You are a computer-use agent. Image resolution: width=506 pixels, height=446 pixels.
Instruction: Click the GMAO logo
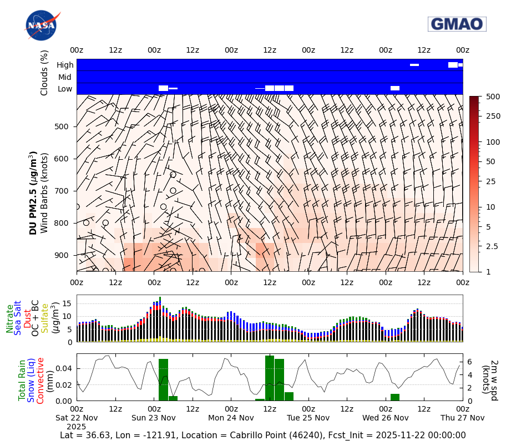coord(457,24)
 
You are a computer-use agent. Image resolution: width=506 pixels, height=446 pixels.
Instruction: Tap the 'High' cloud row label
coord(65,65)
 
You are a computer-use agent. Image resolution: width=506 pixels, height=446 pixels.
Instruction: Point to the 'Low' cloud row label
coord(65,89)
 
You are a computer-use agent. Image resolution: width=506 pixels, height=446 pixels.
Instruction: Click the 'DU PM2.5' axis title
coord(33,192)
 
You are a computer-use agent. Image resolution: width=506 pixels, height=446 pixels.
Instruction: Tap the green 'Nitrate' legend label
coord(10,318)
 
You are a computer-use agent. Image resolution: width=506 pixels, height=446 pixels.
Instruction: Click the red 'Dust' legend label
coord(27,318)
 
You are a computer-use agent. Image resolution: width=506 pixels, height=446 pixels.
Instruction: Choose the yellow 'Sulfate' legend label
coord(44,318)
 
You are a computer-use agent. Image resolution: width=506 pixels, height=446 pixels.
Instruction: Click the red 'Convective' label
coord(41,380)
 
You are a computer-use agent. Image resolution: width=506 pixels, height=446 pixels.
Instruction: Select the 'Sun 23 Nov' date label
coord(154,418)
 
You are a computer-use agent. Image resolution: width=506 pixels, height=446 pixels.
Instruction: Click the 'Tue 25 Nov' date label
coord(308,418)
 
